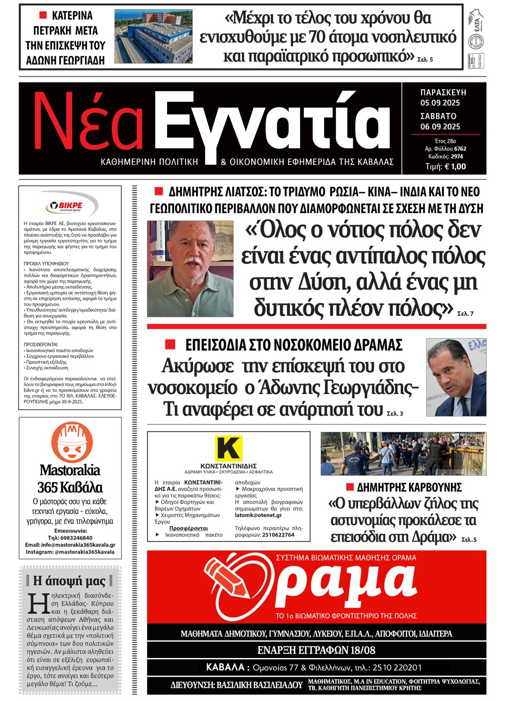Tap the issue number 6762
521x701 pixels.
pos(460,149)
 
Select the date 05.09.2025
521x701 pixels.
pos(440,103)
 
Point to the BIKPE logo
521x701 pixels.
pos(71,206)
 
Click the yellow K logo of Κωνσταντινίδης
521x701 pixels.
pos(228,449)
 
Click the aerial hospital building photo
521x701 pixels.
pos(153,36)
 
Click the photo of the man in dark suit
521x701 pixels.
pos(455,377)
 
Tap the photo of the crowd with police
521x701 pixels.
pos(403,454)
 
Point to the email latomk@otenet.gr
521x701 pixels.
pos(258,515)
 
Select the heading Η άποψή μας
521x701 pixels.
pos(69,581)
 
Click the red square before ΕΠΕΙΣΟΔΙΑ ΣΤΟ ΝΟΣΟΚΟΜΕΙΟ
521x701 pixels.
pos(170,345)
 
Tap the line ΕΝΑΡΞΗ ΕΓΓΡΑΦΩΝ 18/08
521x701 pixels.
pos(316,650)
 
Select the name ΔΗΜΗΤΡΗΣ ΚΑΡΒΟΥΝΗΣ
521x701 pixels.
pos(409,487)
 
